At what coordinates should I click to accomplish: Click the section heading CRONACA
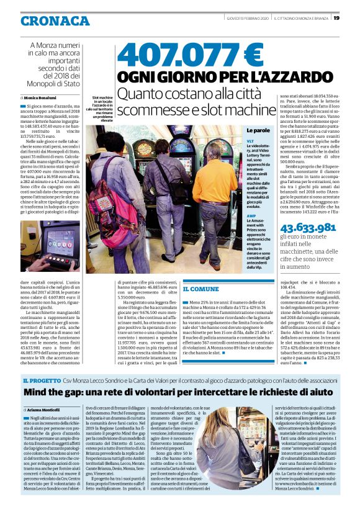[55, 20]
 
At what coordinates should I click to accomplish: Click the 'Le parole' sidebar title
[258, 130]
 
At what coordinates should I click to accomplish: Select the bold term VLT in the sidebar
[250, 142]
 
